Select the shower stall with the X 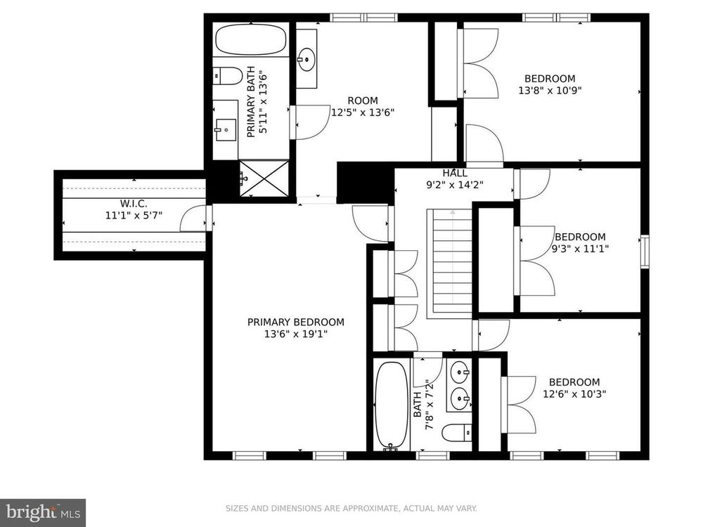264,178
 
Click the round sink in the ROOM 307,59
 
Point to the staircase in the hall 450,263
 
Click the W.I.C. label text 134,204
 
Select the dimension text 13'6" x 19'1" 296,334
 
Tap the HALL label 455,173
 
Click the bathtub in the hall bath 392,405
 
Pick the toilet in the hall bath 457,432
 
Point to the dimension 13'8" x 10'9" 550,91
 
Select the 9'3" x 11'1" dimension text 580,248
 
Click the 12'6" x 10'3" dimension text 575,394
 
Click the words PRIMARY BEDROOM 296,322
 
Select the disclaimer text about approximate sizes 351,508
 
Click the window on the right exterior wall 645,252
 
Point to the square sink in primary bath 226,130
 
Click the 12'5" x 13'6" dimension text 363,112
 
